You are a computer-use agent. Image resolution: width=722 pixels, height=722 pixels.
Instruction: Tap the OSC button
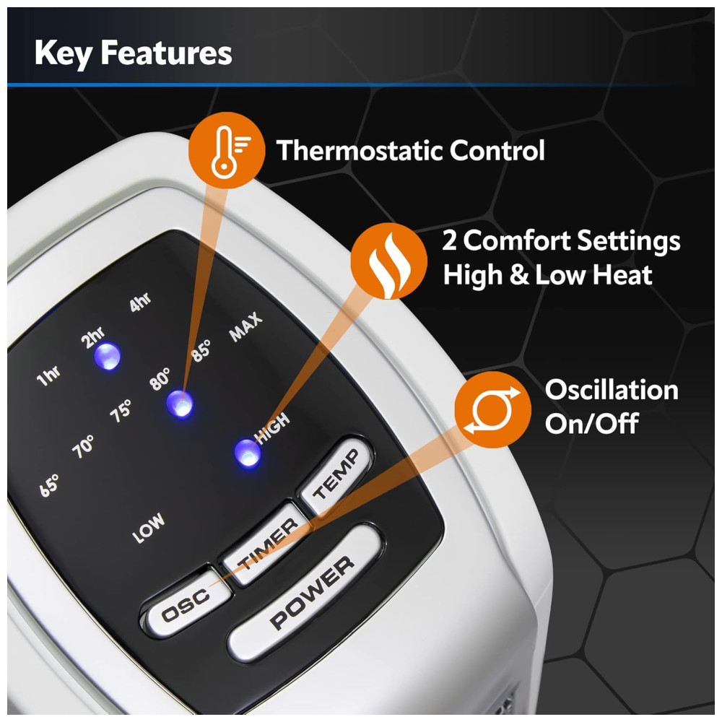[186, 602]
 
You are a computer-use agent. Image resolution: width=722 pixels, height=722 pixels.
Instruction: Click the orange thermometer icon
[227, 150]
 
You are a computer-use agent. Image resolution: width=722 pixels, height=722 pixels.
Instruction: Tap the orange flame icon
[388, 261]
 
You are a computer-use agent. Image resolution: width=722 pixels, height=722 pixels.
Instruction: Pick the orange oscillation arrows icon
[492, 409]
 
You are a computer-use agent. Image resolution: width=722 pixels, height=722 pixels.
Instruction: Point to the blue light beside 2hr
[108, 356]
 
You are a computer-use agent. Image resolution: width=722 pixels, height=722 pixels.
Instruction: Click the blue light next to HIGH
[248, 453]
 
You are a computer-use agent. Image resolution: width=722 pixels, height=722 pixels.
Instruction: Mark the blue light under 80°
[180, 404]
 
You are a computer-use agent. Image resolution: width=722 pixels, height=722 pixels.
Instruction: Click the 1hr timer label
[48, 375]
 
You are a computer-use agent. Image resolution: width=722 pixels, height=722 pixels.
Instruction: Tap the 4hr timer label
[140, 302]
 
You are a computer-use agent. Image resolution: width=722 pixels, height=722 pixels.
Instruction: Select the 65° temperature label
[49, 485]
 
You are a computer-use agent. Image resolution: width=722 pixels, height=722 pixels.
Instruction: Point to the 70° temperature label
[83, 446]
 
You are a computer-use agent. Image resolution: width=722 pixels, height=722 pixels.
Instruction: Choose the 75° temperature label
[121, 410]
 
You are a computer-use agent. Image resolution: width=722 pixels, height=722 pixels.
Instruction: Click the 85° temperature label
[201, 350]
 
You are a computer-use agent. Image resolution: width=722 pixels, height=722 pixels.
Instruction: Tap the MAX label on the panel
[246, 326]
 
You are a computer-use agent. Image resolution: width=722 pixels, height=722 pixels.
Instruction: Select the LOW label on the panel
[148, 528]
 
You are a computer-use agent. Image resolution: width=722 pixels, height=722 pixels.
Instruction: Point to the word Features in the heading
[166, 53]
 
